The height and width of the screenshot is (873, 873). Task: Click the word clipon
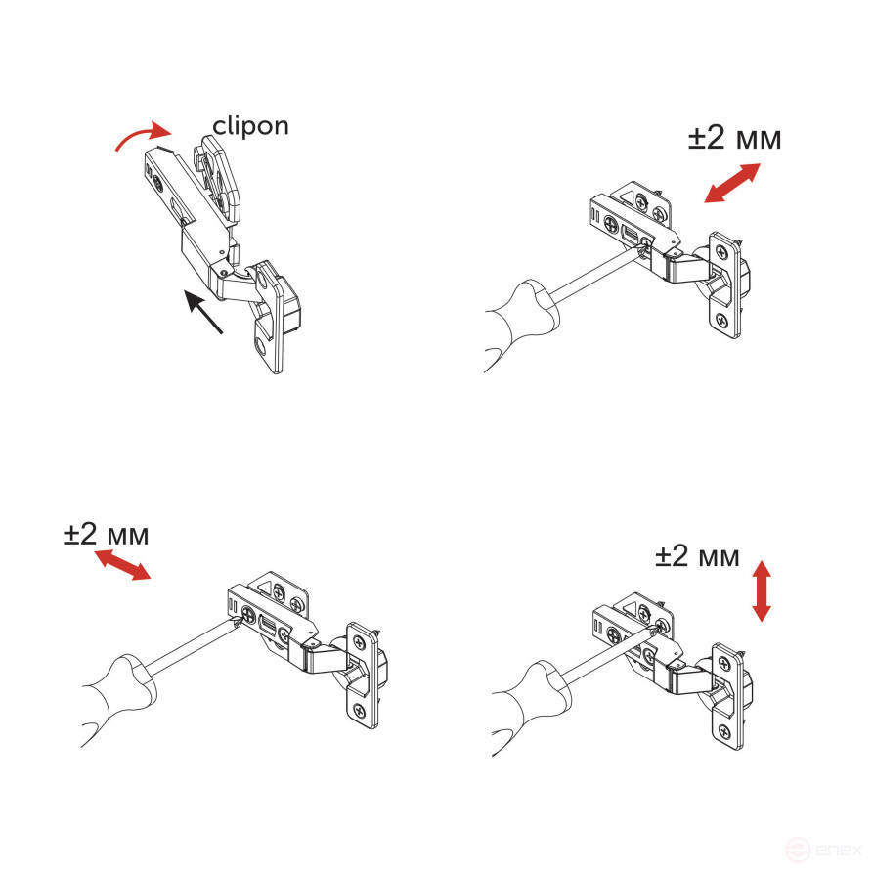coord(251,126)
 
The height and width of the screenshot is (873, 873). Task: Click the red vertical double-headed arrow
coord(762,590)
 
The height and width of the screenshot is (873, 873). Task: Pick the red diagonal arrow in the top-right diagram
coord(731,184)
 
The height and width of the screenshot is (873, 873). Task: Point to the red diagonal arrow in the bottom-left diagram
coord(122,565)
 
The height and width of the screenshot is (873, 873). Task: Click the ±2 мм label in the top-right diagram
coord(734,139)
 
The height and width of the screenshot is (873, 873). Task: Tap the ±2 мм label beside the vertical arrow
coord(697,557)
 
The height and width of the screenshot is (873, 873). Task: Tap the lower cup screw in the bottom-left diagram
coord(360,711)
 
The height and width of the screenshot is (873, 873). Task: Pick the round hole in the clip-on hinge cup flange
coord(260,345)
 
